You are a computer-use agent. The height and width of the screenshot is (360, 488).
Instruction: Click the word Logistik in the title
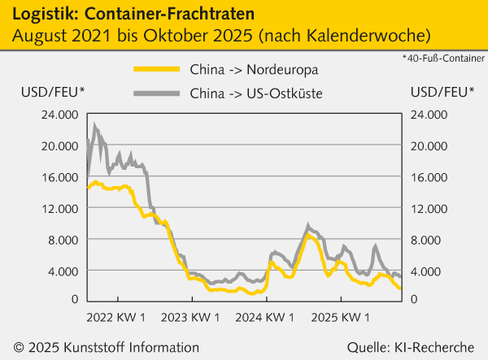pyautogui.click(x=37, y=13)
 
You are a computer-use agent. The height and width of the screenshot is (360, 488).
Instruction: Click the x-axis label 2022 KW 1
pyautogui.click(x=115, y=315)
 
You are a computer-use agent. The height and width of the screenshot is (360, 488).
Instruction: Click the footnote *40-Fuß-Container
pyautogui.click(x=442, y=59)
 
